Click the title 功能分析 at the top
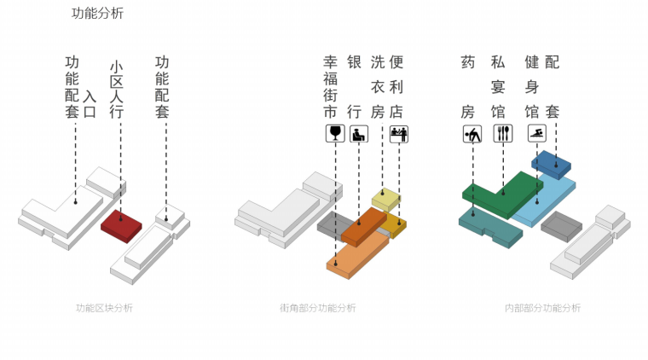97,14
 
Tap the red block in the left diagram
120,224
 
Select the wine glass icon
334,133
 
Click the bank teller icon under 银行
359,133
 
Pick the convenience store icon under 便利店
398,133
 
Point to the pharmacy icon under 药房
472,133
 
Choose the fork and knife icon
501,133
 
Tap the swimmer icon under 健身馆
536,133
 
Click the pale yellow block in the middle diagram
385,199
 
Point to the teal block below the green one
489,226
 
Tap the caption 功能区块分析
104,308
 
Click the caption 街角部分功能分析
317,308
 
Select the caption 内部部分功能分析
542,308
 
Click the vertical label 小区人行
117,89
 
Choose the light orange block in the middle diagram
357,253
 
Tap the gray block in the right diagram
561,226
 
